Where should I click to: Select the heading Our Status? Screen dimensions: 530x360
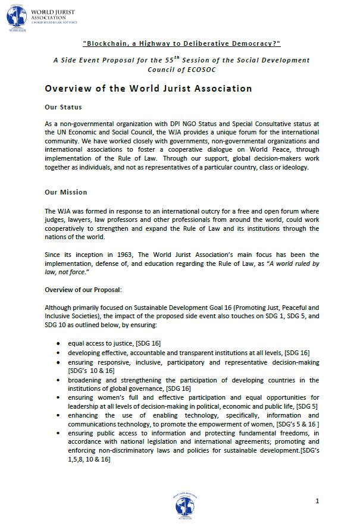pyautogui.click(x=63, y=107)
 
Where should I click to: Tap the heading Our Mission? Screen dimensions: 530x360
pyautogui.click(x=66, y=192)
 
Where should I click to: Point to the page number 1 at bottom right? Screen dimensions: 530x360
pyautogui.click(x=318, y=501)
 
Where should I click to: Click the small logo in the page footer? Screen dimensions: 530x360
pyautogui.click(x=184, y=506)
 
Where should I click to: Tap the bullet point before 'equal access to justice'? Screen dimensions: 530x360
pyautogui.click(x=57, y=344)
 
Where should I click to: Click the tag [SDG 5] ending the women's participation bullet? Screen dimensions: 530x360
pyautogui.click(x=306, y=406)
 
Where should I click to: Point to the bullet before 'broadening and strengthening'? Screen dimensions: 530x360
pyautogui.click(x=57, y=380)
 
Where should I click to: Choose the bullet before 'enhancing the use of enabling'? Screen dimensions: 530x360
pyautogui.click(x=57, y=415)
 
